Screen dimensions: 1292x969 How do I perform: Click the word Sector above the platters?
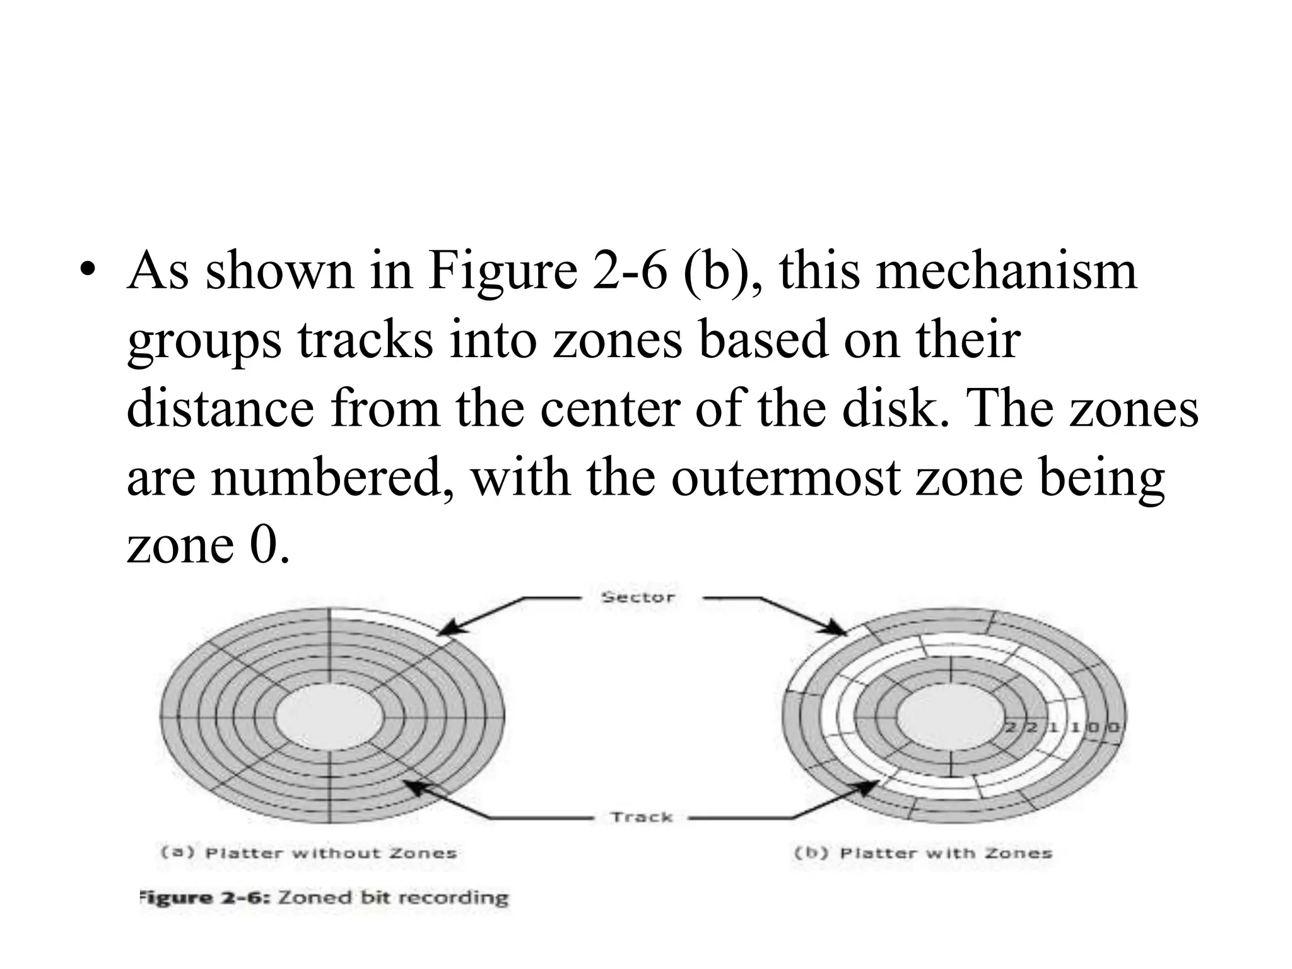(x=638, y=597)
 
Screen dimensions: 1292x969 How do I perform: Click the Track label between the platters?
(x=642, y=817)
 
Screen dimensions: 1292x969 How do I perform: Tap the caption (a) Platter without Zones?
(x=308, y=853)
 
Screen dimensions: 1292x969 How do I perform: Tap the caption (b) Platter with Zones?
(x=923, y=853)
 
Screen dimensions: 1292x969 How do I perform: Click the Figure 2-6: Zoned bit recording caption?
(x=324, y=897)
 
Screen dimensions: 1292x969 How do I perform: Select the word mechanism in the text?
(x=958, y=271)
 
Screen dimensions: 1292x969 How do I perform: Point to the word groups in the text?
(x=204, y=341)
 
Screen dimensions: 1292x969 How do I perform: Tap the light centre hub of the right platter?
(x=949, y=717)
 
